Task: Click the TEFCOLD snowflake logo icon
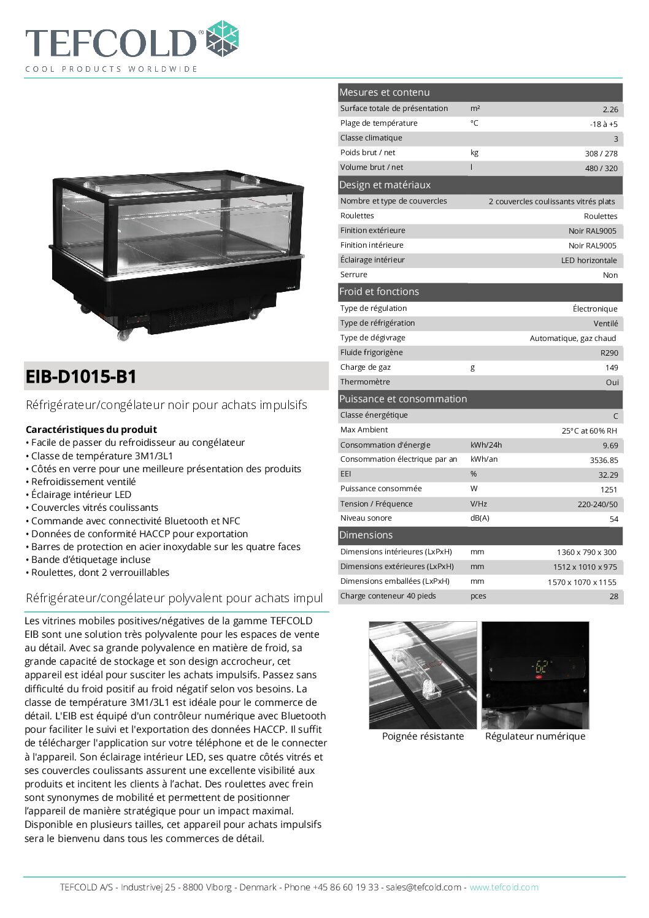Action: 222,38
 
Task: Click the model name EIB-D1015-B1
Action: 81,377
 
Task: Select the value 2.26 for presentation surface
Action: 610,109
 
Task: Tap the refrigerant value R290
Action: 609,353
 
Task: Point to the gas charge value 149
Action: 611,367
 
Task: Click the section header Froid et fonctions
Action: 379,292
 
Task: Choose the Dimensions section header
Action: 366,535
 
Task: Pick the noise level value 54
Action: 613,519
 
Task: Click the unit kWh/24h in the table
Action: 486,445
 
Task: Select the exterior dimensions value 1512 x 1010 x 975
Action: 586,567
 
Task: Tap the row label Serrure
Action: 354,275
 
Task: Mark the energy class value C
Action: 615,416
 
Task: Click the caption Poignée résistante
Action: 423,736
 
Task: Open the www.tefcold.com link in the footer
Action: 504,887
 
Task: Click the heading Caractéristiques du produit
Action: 91,429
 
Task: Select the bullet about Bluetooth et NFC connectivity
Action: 135,521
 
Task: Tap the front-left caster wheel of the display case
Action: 125,334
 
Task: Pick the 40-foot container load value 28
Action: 613,596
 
